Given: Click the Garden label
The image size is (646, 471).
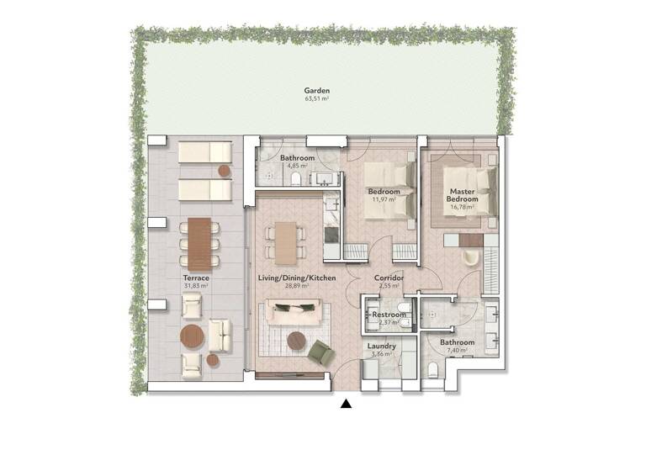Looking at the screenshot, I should click(x=317, y=90).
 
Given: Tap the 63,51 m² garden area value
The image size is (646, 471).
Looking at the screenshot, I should click(x=317, y=98).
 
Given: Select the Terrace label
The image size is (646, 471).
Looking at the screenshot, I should click(x=195, y=278).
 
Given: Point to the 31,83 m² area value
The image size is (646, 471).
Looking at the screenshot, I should click(x=195, y=286).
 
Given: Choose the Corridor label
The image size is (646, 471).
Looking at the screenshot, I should click(x=389, y=278).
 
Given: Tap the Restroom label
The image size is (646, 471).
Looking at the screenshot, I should click(x=389, y=315).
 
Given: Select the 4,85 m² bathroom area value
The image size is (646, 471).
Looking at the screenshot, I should click(x=297, y=167).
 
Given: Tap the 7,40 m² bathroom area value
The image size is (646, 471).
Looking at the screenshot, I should click(x=458, y=352).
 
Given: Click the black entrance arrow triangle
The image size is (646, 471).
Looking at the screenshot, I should click(x=346, y=405).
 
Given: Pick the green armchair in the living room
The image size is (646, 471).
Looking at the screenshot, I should click(x=320, y=352).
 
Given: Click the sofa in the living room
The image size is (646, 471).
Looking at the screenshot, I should click(x=292, y=314).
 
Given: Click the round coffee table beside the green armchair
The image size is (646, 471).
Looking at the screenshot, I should click(x=296, y=340).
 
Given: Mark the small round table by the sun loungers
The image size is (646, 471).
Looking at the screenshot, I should click(x=225, y=171).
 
